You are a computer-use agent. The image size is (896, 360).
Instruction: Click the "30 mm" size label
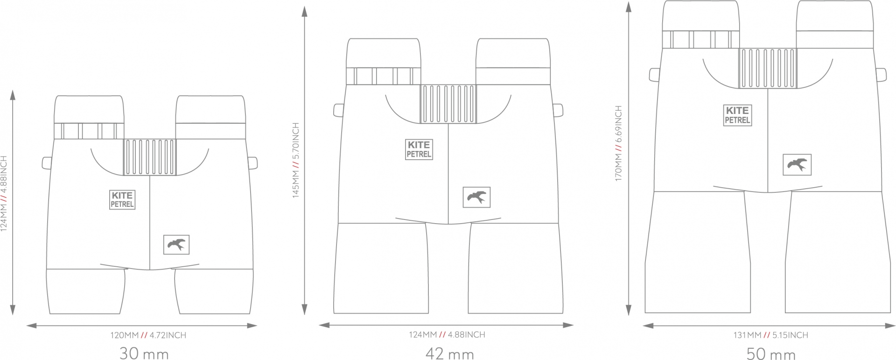[x=144, y=353]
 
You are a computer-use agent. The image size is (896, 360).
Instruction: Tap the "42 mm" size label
[x=450, y=353]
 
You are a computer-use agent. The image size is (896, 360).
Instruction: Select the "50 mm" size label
[x=771, y=353]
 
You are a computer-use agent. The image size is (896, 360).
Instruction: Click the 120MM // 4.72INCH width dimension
[x=148, y=335]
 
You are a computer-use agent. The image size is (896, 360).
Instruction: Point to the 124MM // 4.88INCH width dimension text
[x=447, y=334]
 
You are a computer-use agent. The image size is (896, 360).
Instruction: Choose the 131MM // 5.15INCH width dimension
[x=770, y=335]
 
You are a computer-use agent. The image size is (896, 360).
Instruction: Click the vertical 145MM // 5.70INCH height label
[x=296, y=160]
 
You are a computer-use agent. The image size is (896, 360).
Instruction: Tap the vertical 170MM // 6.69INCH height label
[x=618, y=143]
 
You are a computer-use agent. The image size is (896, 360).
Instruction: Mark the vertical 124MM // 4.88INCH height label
[x=4, y=194]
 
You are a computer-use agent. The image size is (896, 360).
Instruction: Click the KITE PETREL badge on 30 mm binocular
[x=122, y=199]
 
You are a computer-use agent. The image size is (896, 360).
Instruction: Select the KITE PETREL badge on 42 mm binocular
[x=419, y=149]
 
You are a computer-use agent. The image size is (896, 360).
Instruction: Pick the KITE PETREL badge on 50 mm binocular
[x=737, y=115]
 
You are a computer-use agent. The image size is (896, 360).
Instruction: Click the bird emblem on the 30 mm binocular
[x=176, y=245]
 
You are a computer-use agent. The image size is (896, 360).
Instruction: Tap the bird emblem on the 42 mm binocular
[x=476, y=197]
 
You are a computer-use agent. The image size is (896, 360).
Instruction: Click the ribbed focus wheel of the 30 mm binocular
[x=150, y=157]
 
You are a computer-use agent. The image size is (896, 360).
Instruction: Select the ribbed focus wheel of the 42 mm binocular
[x=448, y=104]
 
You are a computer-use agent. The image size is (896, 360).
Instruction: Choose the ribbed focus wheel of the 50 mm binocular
[x=768, y=68]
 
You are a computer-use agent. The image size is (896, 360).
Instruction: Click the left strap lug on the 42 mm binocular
[x=339, y=110]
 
